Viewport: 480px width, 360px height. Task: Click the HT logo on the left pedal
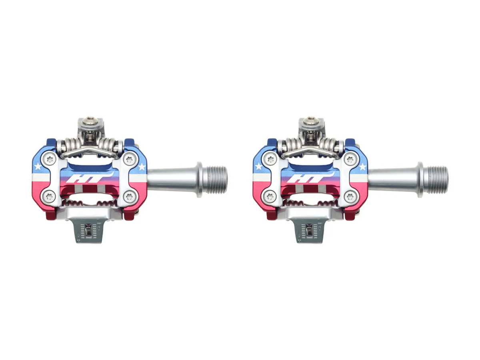[90, 177]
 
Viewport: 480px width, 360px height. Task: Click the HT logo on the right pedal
[310, 177]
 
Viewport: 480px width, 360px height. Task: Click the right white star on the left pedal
[142, 167]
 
